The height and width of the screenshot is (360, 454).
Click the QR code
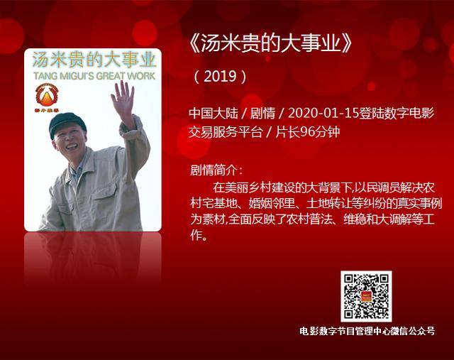366,296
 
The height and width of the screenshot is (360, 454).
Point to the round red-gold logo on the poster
47,95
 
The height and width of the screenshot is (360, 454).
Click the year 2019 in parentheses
221,77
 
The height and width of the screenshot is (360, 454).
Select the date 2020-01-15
323,113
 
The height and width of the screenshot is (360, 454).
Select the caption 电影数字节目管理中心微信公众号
367,332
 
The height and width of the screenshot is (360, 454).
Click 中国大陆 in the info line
214,113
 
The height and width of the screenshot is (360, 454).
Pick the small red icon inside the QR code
366,296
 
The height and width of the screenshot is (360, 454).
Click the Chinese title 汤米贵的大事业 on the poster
94,60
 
